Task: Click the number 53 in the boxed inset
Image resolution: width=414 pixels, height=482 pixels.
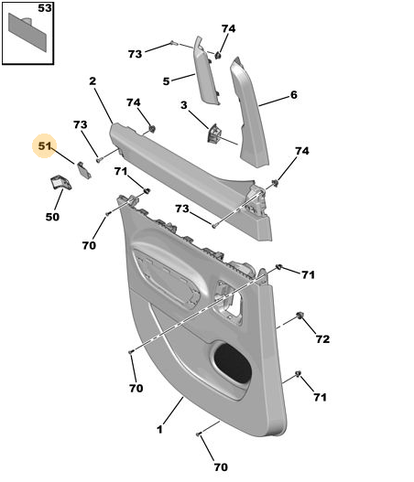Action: pos(45,8)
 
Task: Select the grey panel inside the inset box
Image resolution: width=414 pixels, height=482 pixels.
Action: pos(28,32)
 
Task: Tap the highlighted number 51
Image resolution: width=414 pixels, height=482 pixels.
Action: pos(45,145)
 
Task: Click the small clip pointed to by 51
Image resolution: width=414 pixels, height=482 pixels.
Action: pos(83,170)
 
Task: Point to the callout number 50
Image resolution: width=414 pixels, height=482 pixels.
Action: pos(52,217)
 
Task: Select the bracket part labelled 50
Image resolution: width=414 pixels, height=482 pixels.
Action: pos(61,183)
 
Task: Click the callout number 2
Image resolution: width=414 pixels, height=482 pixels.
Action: pos(93,81)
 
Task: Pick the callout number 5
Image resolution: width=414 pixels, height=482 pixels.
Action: pos(166,81)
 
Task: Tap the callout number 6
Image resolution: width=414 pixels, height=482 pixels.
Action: pos(294,95)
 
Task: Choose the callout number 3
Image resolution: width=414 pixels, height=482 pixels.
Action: pos(184,105)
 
